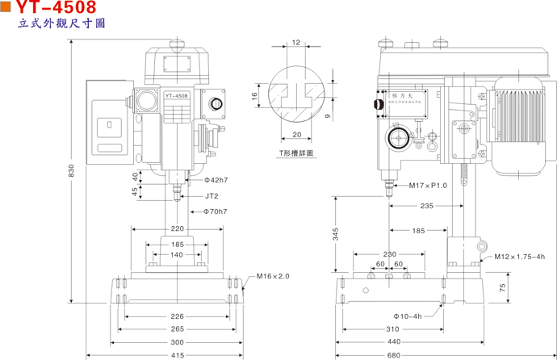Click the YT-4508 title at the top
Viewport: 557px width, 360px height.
click(x=56, y=8)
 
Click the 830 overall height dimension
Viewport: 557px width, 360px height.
click(x=72, y=172)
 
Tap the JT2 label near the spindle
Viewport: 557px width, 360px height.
click(x=211, y=195)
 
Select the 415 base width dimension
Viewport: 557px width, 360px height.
click(x=178, y=354)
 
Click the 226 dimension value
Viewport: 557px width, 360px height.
click(x=178, y=316)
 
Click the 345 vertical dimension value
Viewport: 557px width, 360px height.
click(x=336, y=234)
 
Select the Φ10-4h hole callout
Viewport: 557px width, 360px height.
click(x=408, y=316)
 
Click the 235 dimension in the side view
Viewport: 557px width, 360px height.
click(x=426, y=207)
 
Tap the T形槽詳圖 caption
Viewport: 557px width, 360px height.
click(x=296, y=153)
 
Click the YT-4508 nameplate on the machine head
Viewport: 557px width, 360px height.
click(x=177, y=96)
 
